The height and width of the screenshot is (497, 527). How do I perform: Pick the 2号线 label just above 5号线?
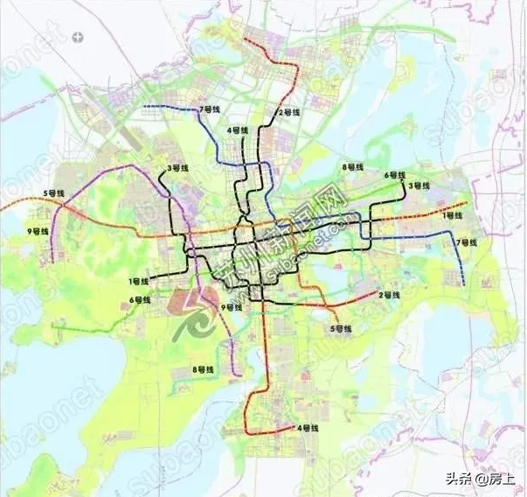tap(389, 295)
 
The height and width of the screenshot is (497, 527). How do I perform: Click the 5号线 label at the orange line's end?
tap(339, 328)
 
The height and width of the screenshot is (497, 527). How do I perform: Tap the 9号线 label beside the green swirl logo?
tap(231, 307)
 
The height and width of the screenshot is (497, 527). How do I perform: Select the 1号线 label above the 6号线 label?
tap(138, 281)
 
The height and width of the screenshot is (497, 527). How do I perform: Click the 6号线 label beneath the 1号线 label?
tap(141, 300)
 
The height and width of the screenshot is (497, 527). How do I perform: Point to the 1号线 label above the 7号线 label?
tap(453, 214)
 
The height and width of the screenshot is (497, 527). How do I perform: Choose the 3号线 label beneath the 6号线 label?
tap(419, 185)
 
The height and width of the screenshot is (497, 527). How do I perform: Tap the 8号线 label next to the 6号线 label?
tap(352, 166)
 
